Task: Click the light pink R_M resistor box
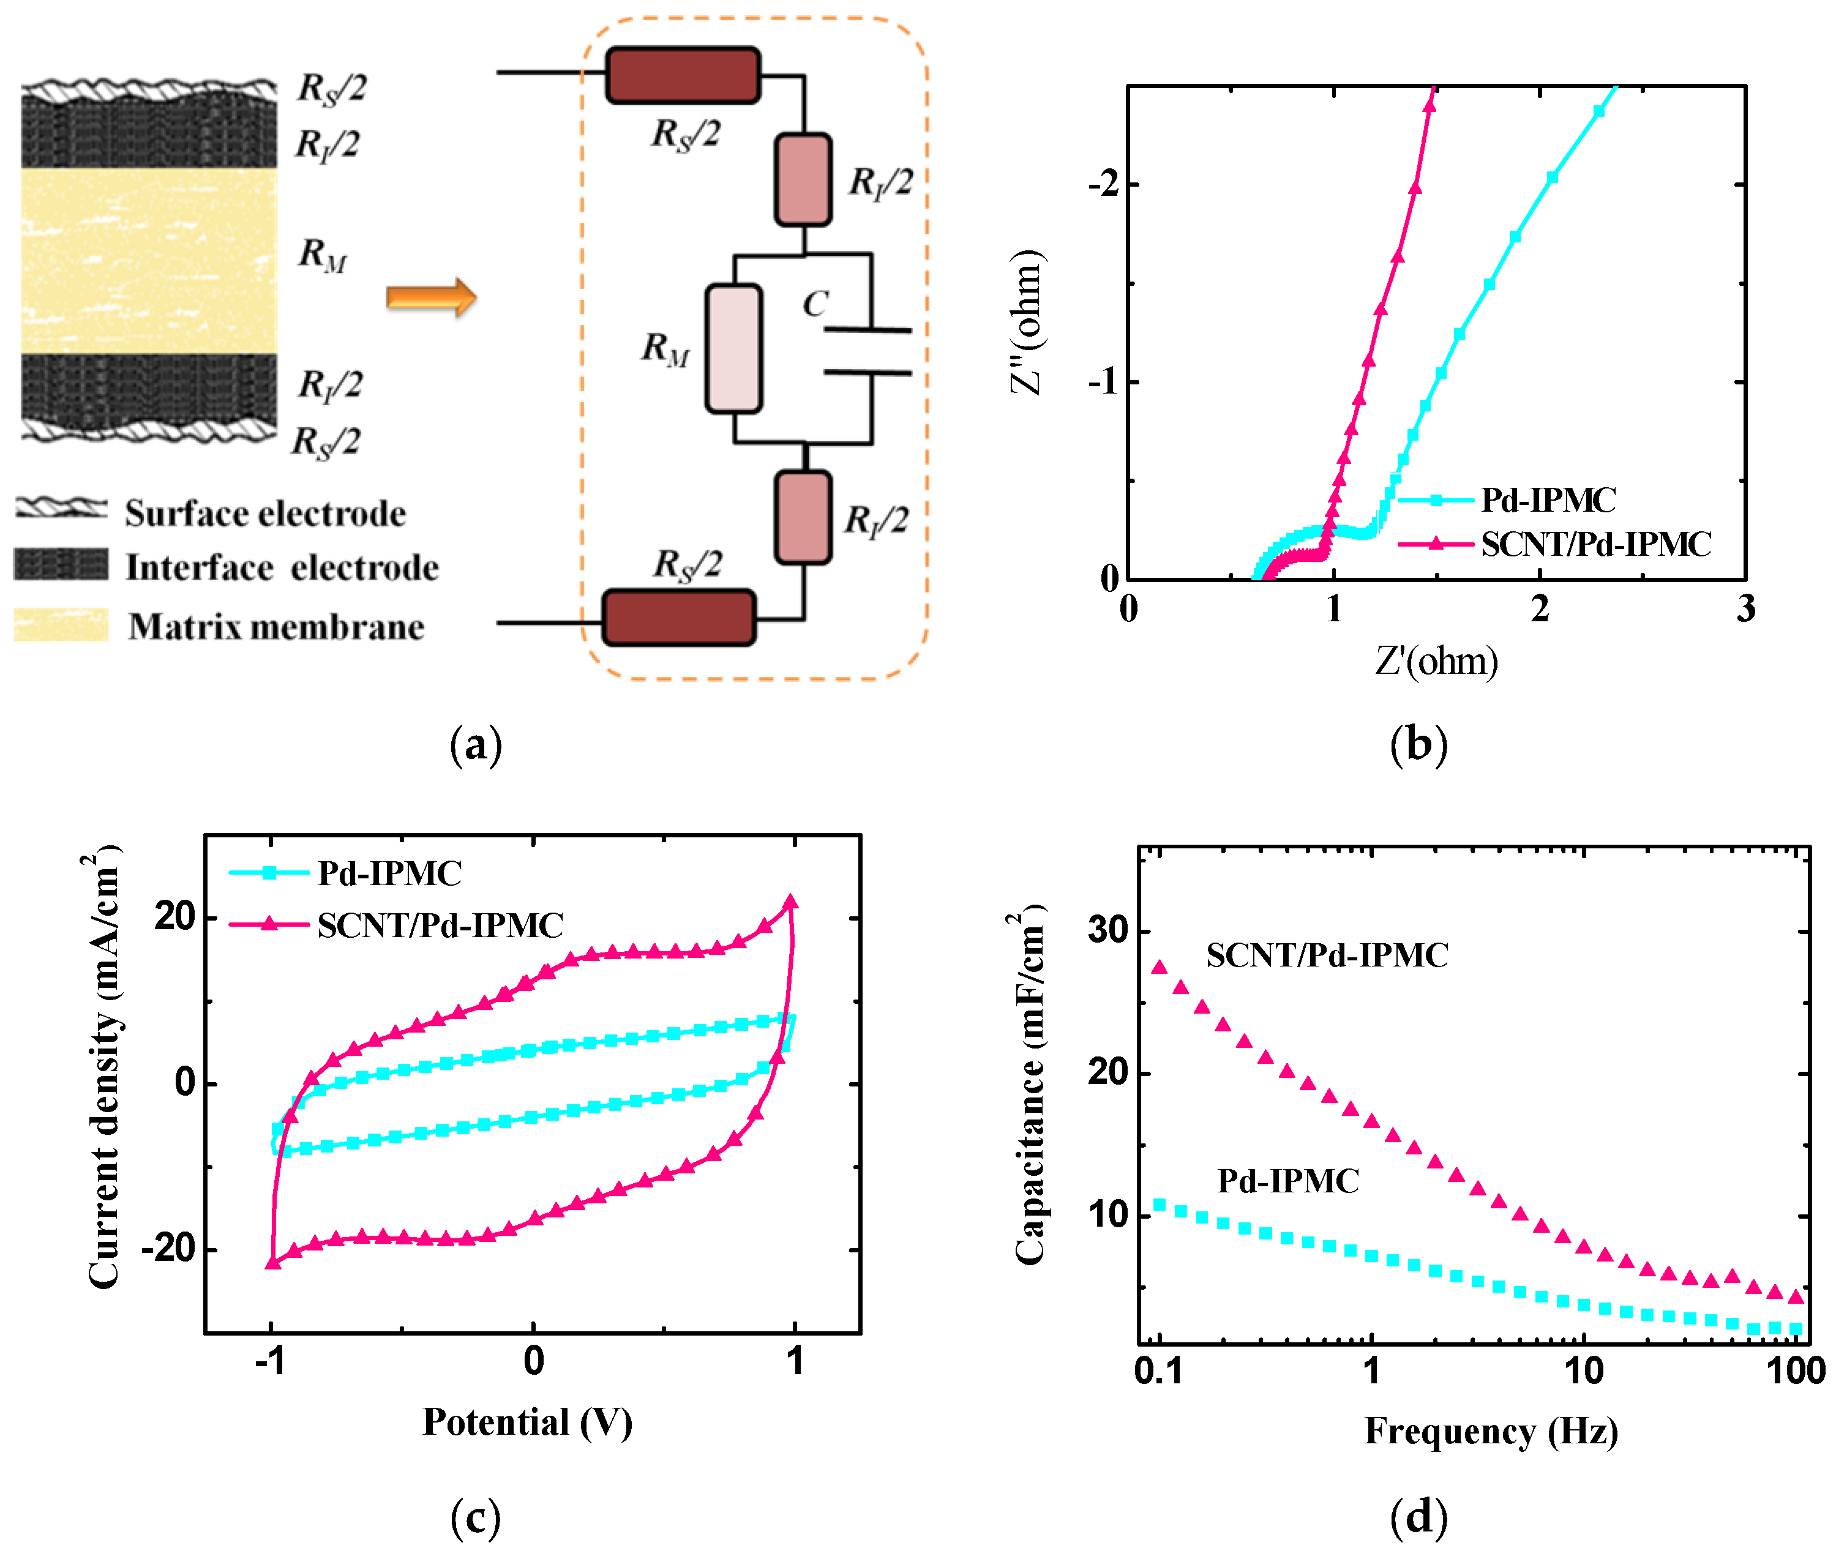733,348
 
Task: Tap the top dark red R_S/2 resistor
683,75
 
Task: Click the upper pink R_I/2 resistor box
803,179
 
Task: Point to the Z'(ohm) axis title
1436,660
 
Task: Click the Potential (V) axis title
527,1422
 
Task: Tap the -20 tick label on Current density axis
168,1248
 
